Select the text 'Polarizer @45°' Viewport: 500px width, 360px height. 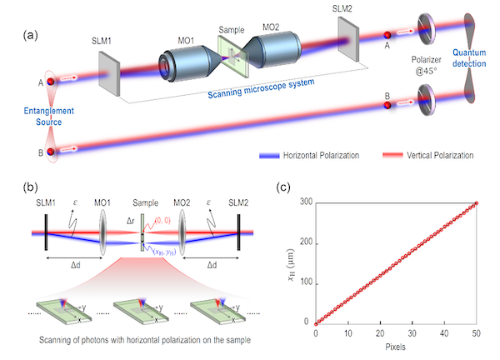coord(428,67)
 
